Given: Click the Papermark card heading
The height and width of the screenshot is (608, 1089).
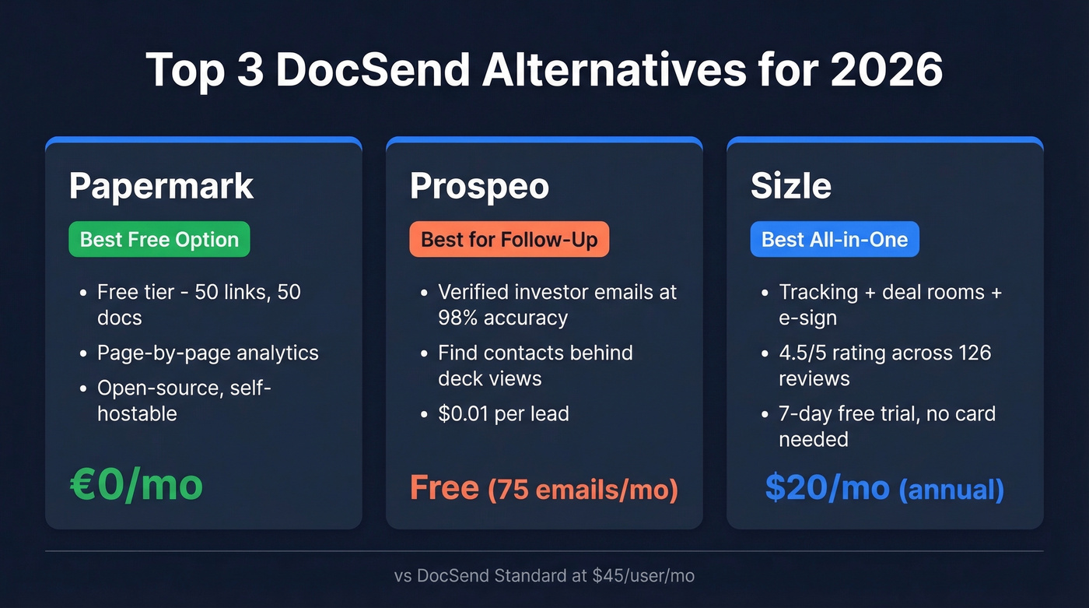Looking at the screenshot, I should [161, 186].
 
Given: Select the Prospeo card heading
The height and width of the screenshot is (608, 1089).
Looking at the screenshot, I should [479, 186].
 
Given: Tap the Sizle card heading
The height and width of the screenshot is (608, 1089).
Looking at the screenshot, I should [790, 186].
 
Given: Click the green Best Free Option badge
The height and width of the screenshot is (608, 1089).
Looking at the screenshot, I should [159, 239].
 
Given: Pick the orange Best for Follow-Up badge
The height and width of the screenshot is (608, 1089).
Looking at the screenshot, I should [509, 239].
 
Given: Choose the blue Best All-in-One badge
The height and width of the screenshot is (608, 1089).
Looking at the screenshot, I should [835, 239].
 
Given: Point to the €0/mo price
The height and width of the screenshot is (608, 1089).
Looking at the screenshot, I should [136, 484].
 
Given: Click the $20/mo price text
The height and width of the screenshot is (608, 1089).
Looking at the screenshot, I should [827, 487].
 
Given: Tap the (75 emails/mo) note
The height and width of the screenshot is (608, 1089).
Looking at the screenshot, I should [583, 490].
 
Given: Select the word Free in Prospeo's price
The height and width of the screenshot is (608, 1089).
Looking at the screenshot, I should [444, 487].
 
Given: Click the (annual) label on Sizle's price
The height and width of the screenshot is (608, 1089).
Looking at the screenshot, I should [951, 490].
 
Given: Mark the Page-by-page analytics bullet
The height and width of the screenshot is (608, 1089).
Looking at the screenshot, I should [208, 353].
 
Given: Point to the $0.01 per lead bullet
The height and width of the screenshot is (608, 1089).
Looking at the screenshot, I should [503, 413].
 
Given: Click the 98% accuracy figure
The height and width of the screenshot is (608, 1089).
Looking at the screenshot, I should [502, 318].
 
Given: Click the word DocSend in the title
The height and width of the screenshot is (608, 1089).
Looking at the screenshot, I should [373, 70].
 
